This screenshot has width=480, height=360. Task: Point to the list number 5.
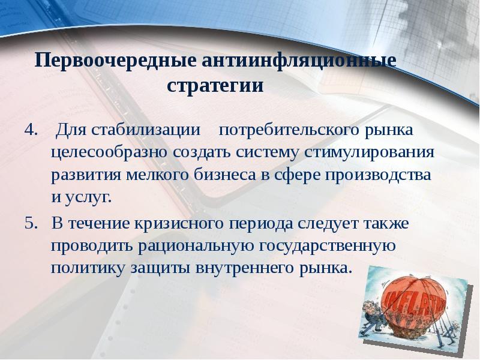pos(31,224)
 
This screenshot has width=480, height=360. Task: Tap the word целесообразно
pos(109,152)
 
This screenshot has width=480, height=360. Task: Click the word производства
pos(378,175)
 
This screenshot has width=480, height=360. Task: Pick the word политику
pos(88,268)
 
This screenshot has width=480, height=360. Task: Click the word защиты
pos(160,268)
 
